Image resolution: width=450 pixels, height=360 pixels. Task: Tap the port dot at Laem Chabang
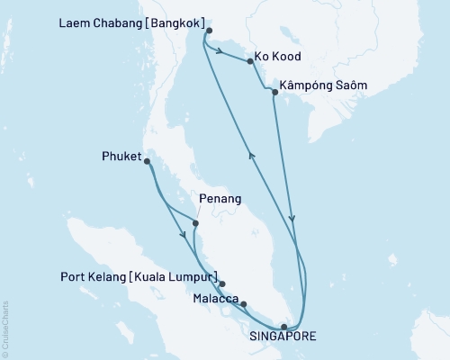tap(209, 31)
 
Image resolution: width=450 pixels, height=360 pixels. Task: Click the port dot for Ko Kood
tap(249, 61)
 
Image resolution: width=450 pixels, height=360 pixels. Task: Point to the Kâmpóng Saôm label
tap(324, 87)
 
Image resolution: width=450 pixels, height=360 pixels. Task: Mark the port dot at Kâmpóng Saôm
tap(274, 92)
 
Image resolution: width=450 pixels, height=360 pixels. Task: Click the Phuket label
tap(121, 156)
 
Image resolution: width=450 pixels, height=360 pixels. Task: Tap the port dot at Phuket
tap(147, 162)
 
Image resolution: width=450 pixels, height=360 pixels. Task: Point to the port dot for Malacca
tap(243, 304)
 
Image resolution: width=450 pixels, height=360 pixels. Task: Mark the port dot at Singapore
tap(284, 327)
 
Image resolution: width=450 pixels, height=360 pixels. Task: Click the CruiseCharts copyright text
tap(6, 323)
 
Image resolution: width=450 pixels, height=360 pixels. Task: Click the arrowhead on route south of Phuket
tap(184, 236)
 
